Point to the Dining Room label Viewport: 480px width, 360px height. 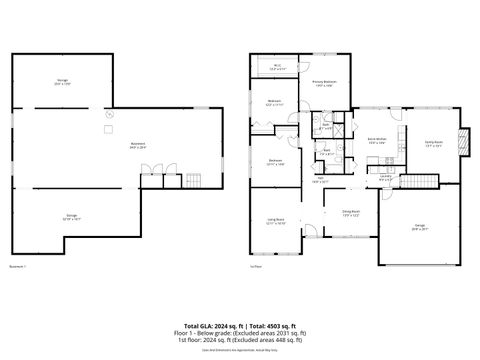pos(351,212)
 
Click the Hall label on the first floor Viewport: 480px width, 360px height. pos(320,180)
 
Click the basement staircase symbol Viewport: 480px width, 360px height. pos(195,180)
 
